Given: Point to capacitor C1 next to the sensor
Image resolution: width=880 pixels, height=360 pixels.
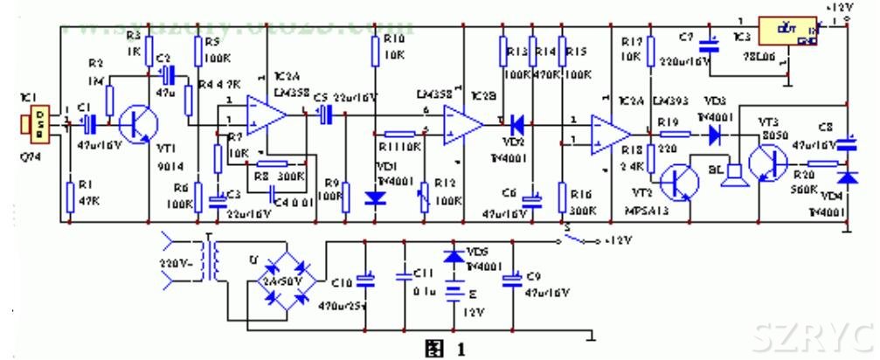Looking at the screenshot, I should tap(88, 126).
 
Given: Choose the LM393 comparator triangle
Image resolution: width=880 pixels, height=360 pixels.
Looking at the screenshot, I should tap(609, 133).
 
